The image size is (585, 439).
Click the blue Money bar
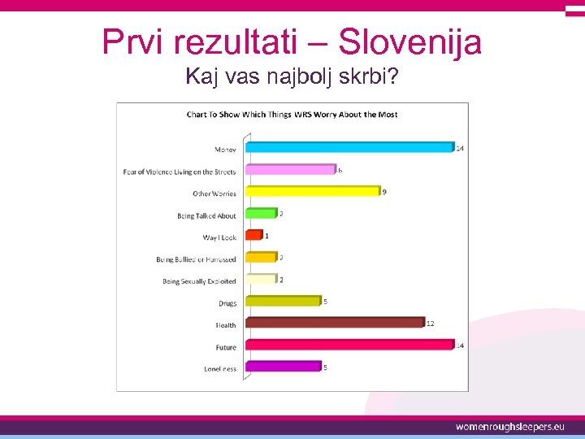coord(349,148)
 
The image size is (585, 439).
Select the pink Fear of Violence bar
coord(290,170)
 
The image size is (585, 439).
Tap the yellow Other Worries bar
coord(312,192)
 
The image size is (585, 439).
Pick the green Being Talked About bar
coord(261,214)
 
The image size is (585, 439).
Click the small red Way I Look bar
coord(253,236)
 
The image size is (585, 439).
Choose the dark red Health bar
coord(334,323)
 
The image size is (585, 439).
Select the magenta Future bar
coord(349,345)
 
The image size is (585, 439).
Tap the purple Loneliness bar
coord(283,367)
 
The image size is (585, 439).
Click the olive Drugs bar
coord(283,301)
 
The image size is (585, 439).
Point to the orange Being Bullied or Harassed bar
coord(261,258)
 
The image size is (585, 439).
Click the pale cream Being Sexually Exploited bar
coord(261,279)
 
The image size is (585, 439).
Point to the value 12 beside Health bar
coord(430,323)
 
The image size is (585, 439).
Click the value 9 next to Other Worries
coord(384,192)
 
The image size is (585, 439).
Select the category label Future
coord(226,347)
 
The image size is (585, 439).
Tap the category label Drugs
coord(227,303)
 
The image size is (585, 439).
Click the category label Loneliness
coord(220,369)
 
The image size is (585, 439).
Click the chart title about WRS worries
coord(292,115)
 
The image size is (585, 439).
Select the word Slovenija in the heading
coord(409,41)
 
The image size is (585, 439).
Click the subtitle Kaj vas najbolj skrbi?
coord(292,77)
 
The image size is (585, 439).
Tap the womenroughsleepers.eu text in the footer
coord(509,427)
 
